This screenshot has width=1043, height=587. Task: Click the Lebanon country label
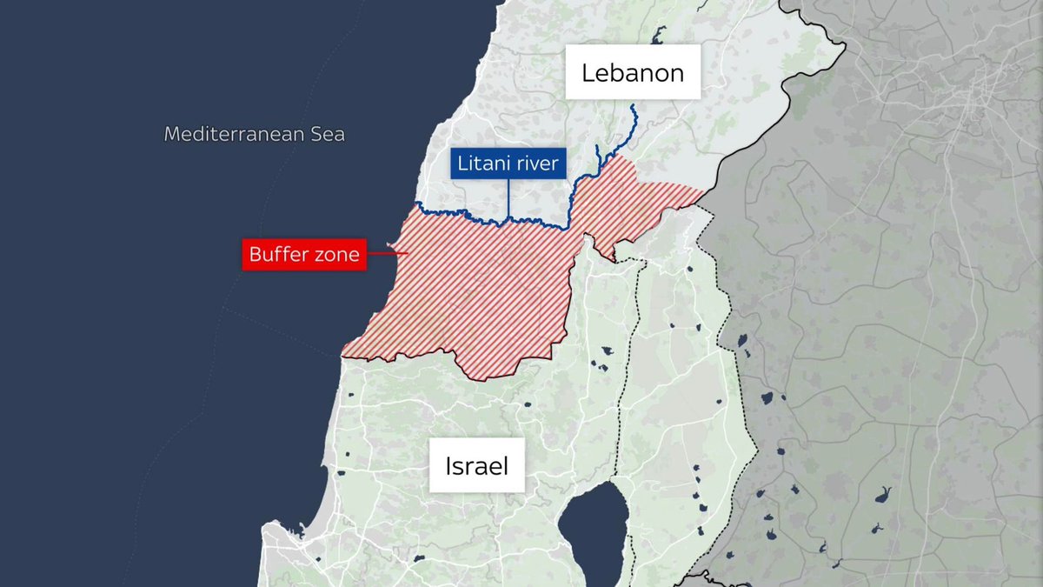pyautogui.click(x=633, y=72)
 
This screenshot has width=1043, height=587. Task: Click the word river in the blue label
pyautogui.click(x=536, y=163)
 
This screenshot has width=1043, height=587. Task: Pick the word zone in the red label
pyautogui.click(x=334, y=256)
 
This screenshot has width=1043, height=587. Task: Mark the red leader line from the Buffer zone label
pyautogui.click(x=387, y=254)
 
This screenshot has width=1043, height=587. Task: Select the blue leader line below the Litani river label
pyautogui.click(x=508, y=198)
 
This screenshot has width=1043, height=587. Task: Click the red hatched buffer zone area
pyautogui.click(x=469, y=296)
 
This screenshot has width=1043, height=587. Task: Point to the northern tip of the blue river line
pyautogui.click(x=633, y=106)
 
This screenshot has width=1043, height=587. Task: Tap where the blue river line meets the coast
pyautogui.click(x=416, y=204)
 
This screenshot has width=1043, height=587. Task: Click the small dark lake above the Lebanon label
pyautogui.click(x=659, y=34)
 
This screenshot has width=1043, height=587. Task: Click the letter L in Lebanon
pyautogui.click(x=588, y=73)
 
